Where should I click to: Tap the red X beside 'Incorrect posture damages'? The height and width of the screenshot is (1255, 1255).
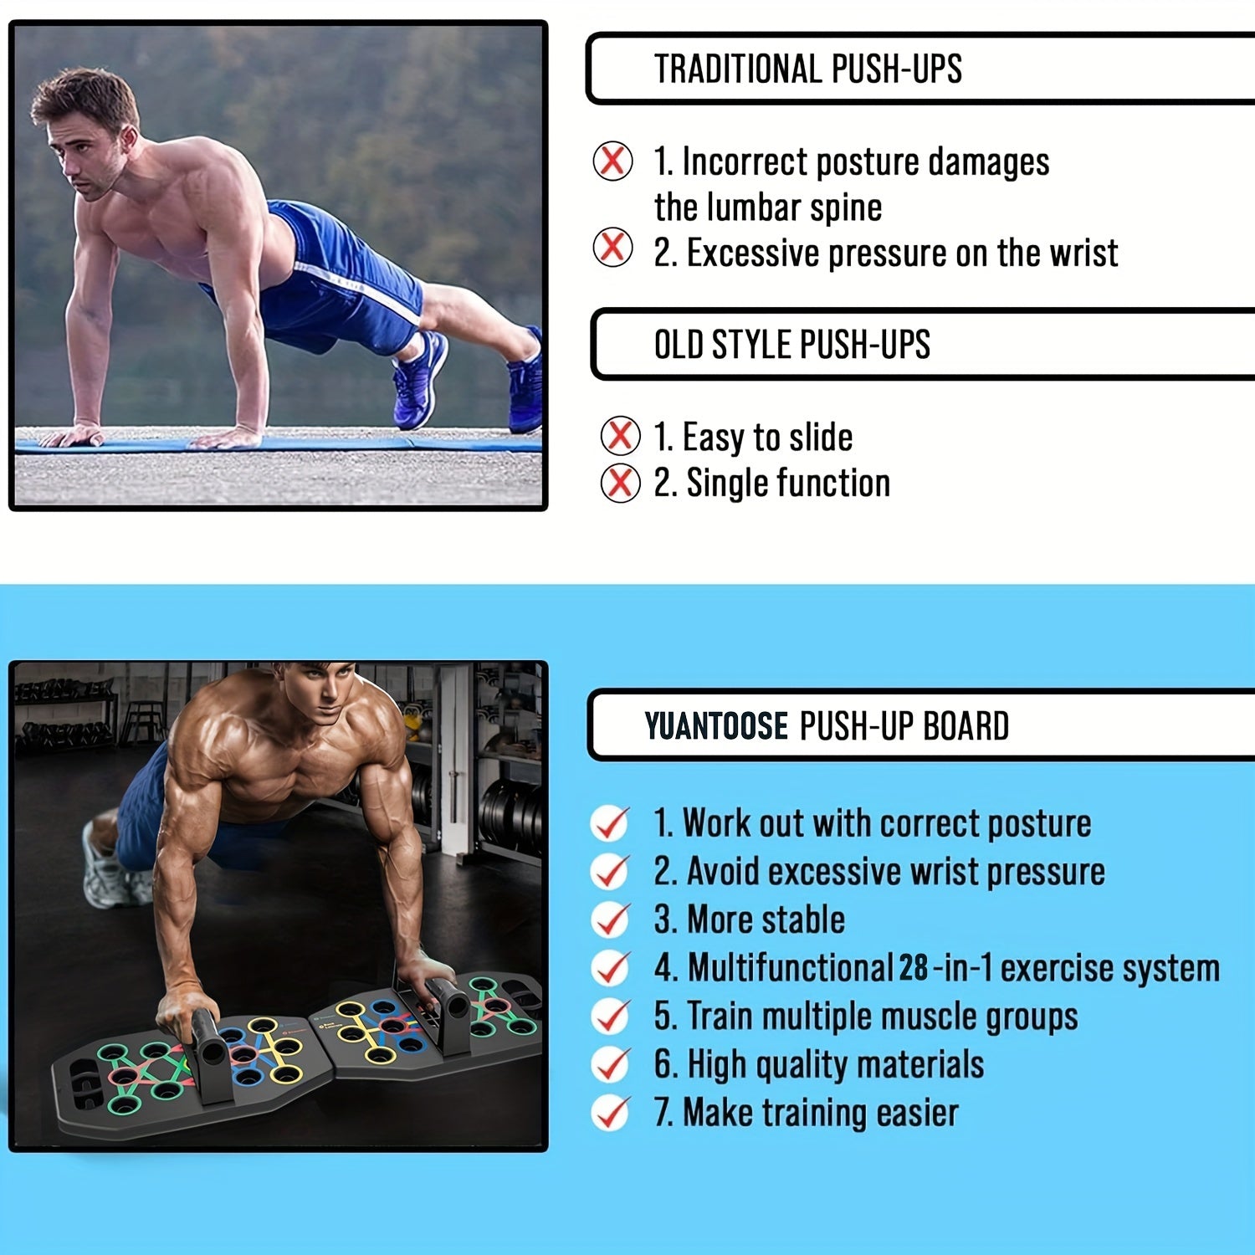click(612, 161)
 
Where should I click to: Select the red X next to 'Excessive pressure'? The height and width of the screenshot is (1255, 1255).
click(612, 248)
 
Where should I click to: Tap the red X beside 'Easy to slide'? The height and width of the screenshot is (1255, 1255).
click(620, 436)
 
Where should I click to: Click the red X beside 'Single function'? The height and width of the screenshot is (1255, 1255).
click(620, 483)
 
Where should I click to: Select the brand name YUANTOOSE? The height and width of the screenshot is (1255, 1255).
click(716, 725)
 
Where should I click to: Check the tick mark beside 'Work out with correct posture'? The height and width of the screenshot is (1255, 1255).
click(610, 823)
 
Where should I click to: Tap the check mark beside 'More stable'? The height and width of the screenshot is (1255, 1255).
click(610, 919)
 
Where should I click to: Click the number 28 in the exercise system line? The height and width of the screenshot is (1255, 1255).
click(914, 968)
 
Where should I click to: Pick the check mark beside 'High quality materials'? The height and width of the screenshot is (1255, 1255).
click(610, 1064)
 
